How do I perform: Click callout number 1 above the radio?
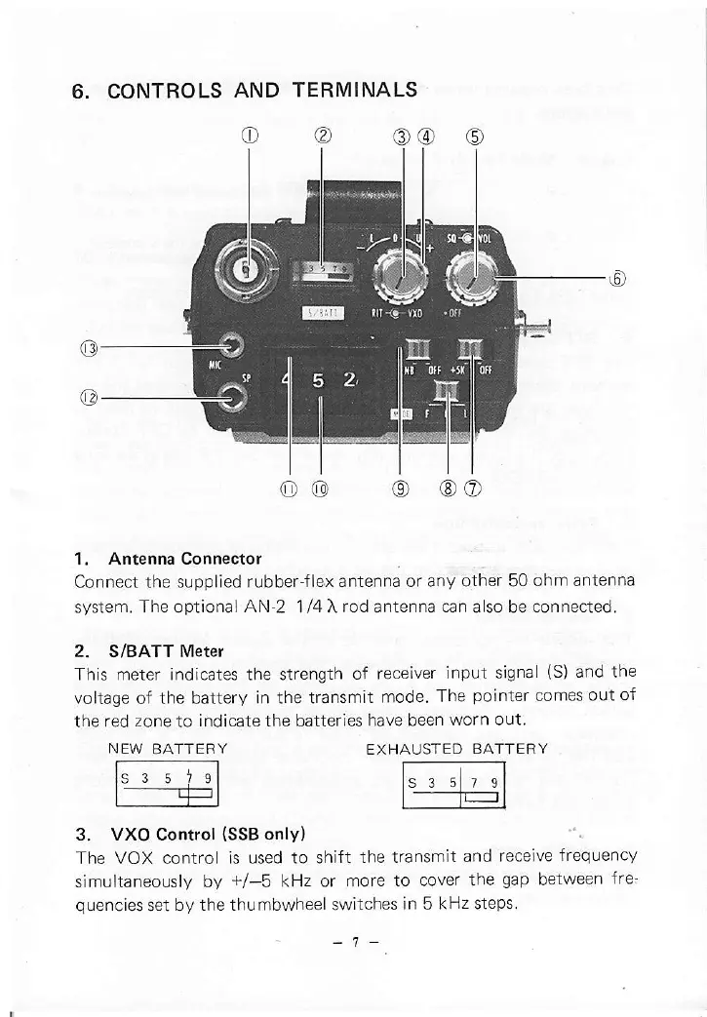pyautogui.click(x=251, y=135)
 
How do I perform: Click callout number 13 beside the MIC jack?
pyautogui.click(x=88, y=345)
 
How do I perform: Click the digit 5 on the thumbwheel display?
pyautogui.click(x=319, y=380)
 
